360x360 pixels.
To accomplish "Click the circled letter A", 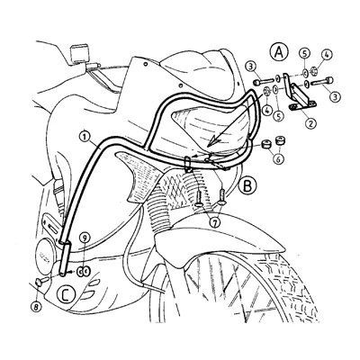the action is (279, 52).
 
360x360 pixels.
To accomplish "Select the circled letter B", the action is (247, 186).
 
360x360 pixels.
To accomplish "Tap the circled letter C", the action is (66, 294).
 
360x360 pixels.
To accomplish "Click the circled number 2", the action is (310, 122).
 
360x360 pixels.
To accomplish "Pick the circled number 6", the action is (279, 158).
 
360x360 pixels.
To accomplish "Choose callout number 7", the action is (216, 222).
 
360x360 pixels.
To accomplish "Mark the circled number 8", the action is (36, 306).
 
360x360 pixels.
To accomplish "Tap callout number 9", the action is (85, 238).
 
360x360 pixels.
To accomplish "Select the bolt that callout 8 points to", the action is (41, 282).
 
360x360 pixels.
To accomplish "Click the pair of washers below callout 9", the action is (83, 272).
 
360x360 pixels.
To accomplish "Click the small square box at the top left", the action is (79, 53).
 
